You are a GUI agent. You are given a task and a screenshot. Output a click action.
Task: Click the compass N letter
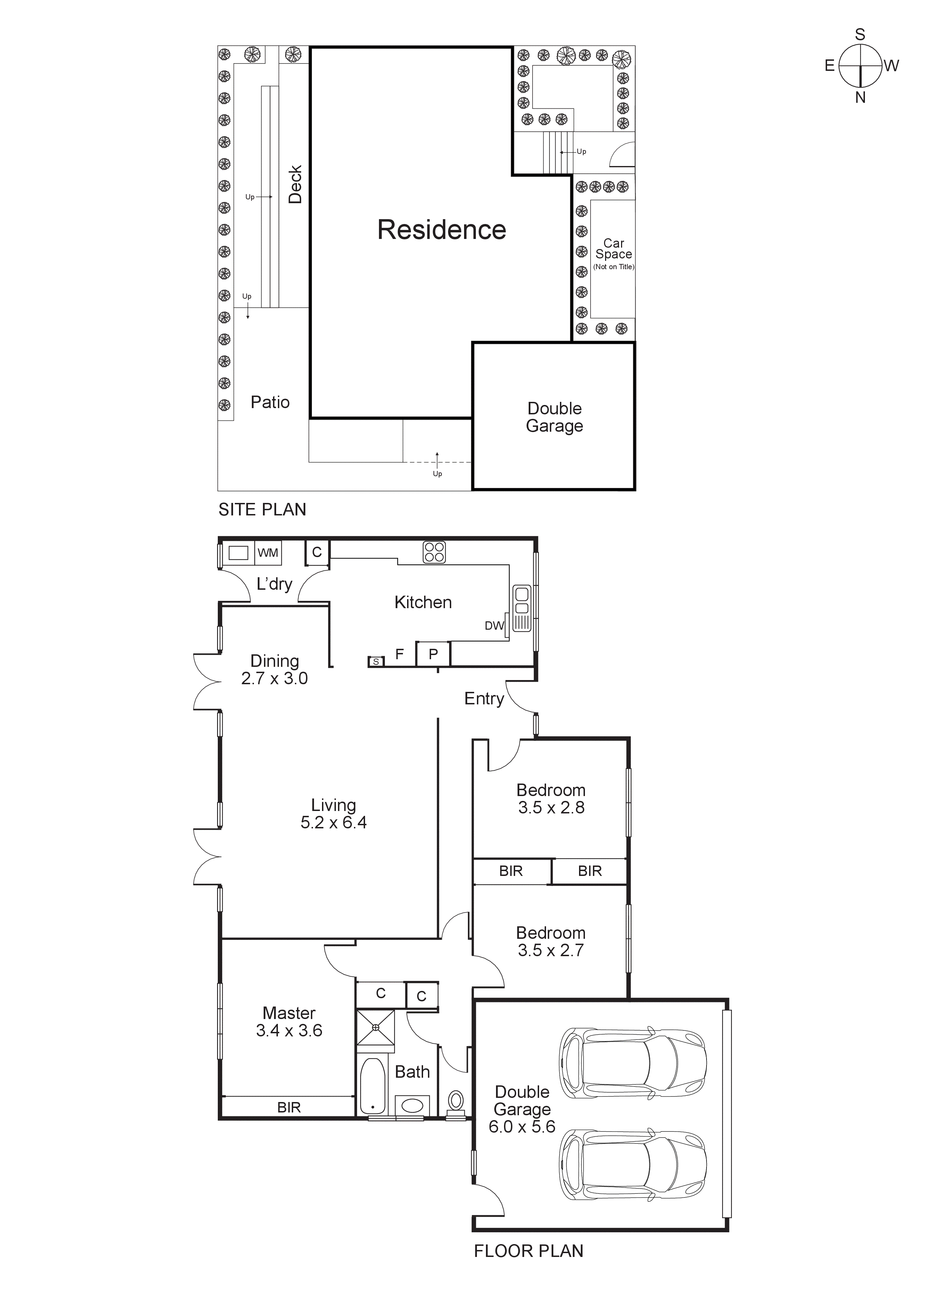(860, 97)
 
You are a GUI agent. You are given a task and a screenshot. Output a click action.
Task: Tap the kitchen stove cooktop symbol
(434, 553)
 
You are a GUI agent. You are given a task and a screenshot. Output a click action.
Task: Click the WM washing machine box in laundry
(268, 553)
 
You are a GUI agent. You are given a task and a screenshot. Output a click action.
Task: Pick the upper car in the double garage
(632, 1063)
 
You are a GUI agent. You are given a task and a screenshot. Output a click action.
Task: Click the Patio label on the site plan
(270, 402)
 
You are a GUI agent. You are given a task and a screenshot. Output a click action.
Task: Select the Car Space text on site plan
(613, 249)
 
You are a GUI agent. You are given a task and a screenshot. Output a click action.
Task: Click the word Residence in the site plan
(441, 230)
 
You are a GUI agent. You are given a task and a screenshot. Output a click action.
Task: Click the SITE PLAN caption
(262, 509)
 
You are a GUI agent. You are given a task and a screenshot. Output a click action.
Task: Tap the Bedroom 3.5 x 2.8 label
(551, 799)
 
